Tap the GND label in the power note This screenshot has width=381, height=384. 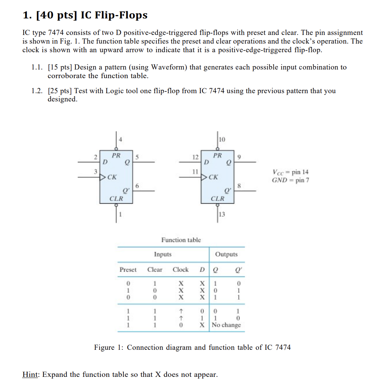[279, 180]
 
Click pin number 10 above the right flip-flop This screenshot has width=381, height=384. [221, 139]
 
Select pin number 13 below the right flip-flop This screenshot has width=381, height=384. [222, 214]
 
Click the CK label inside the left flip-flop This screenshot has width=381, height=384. [112, 177]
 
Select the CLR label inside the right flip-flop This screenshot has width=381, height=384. [217, 198]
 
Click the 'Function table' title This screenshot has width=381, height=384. [181, 240]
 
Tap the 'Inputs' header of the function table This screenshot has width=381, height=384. [163, 254]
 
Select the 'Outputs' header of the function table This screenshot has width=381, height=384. [226, 254]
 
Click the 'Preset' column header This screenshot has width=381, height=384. [128, 269]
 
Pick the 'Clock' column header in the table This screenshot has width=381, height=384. [181, 269]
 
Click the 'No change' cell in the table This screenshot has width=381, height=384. [226, 325]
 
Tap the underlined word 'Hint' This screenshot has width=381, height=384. [31, 374]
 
